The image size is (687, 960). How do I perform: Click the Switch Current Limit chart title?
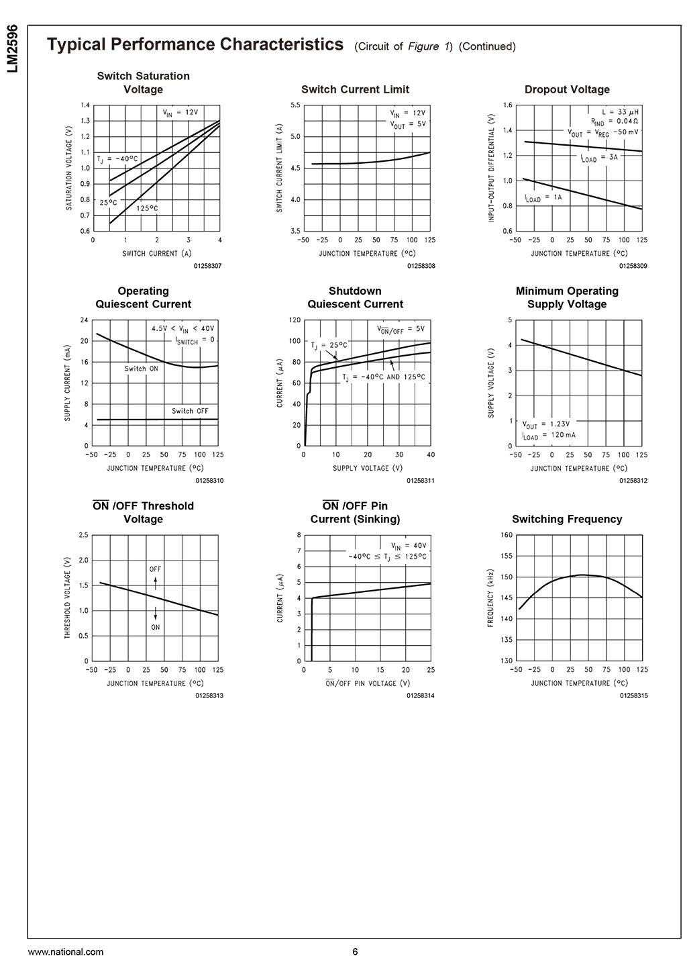pos(355,89)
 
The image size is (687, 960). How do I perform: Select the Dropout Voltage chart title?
pos(567,89)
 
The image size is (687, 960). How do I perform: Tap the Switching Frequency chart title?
pos(567,519)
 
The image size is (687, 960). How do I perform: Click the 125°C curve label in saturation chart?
pos(147,209)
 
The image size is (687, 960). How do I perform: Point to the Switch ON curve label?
pos(141,369)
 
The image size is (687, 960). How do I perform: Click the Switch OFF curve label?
pos(190,411)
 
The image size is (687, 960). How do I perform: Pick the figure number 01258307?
pos(207,267)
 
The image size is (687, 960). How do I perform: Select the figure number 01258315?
pos(633,696)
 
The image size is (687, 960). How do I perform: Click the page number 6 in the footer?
pos(355,951)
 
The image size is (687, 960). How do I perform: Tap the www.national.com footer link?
pos(66,951)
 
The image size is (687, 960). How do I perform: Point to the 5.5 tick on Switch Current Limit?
pos(295,105)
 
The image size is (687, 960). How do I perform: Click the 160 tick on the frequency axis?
pos(507,535)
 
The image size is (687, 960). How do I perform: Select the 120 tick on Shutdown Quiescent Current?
pos(295,320)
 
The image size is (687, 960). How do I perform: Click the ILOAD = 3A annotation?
pos(599,158)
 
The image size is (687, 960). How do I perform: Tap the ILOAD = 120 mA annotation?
pos(549,436)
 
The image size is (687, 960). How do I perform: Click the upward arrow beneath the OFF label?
pos(156,585)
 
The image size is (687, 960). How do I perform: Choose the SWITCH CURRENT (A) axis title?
pos(150,253)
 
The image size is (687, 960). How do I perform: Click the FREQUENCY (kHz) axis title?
pos(490,598)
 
